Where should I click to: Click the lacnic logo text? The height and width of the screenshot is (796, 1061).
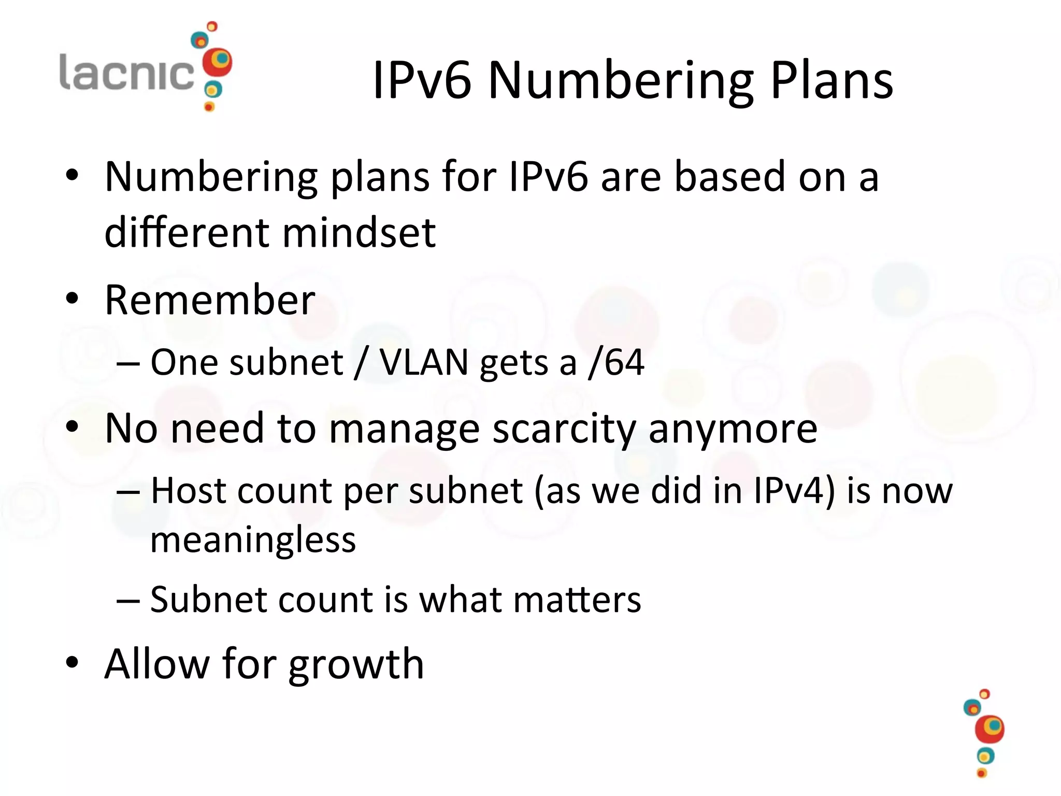coord(126,73)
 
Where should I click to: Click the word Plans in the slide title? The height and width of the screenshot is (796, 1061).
coord(831,80)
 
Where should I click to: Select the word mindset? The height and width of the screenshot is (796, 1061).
coord(359,233)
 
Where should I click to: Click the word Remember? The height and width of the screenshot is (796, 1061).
coord(210,300)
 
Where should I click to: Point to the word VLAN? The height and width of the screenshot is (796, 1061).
coord(424,362)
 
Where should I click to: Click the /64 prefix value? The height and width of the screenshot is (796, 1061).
coord(616,362)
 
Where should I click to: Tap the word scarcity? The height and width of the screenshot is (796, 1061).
coord(564,429)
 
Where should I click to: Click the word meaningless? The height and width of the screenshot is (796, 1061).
coord(253,540)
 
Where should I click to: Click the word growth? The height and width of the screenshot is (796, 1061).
coord(356,664)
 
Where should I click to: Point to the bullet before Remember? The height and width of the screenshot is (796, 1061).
coord(72,299)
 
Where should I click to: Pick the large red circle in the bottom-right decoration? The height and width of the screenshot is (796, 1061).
coord(990,729)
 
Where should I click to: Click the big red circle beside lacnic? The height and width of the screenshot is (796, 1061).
coord(217,63)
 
